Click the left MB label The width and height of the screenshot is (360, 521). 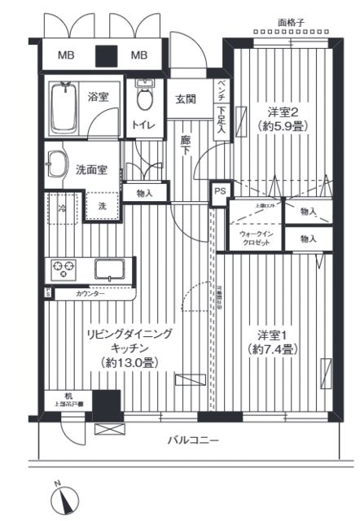pos(64,55)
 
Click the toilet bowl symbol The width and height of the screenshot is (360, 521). pos(144,100)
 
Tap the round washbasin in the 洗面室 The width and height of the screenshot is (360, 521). pos(55,160)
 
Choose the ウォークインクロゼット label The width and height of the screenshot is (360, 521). pos(256,239)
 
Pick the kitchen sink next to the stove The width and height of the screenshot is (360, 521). pos(109,268)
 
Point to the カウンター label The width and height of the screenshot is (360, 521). pos(90,293)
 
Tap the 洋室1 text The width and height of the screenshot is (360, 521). pos(266,334)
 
